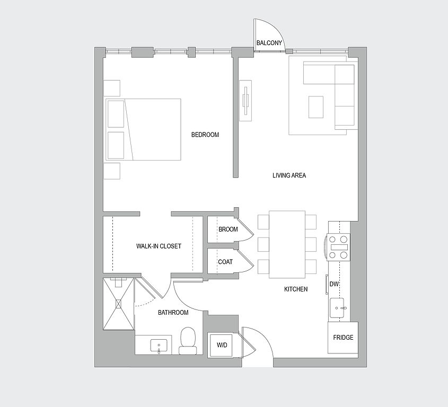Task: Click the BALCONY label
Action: tap(269, 43)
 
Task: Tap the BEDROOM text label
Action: tap(205, 135)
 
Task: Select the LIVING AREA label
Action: tap(289, 175)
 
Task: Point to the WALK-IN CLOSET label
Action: tap(159, 246)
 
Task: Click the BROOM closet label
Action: tap(228, 229)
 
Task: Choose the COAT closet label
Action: tap(225, 262)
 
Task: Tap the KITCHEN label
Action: tap(296, 289)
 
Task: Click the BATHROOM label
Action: tap(173, 313)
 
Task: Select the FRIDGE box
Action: tap(343, 338)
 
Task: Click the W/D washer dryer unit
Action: tap(222, 346)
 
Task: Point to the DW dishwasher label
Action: tap(334, 285)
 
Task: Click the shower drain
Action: tap(118, 303)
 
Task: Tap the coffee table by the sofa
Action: tap(317, 107)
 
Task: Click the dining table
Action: tap(287, 244)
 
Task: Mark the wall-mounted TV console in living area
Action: tap(246, 101)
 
